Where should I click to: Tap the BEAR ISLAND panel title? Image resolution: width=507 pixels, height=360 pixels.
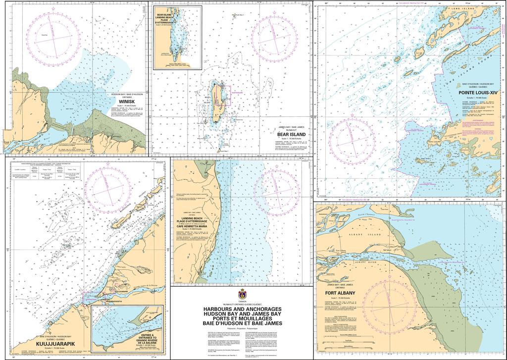291,134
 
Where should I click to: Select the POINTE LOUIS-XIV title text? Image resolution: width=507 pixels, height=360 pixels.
478,93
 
